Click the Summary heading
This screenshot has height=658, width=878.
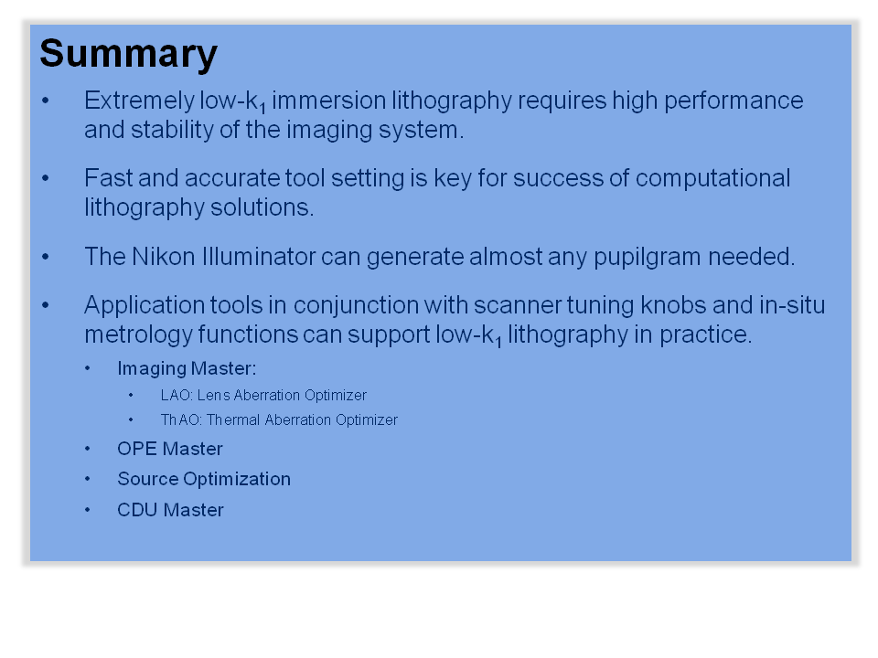(x=129, y=55)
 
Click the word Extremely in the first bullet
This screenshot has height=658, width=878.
(x=139, y=101)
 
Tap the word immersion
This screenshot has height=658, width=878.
(x=329, y=101)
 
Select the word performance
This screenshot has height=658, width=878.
(x=733, y=101)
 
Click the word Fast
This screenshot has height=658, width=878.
(x=109, y=178)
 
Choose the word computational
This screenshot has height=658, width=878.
(x=712, y=179)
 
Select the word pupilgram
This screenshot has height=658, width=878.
(x=647, y=258)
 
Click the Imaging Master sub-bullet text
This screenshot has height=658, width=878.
(x=187, y=368)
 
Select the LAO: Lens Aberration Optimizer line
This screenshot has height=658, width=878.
(x=263, y=395)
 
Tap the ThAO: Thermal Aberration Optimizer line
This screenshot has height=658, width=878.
(x=279, y=419)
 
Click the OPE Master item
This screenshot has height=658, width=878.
(x=170, y=449)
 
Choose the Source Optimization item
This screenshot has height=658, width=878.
(x=204, y=480)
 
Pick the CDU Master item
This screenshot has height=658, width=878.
(x=170, y=510)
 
